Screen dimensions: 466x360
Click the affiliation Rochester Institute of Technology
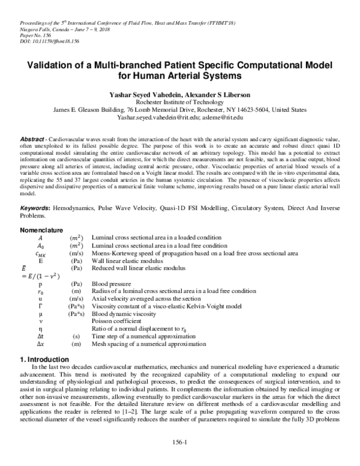click(180, 103)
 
